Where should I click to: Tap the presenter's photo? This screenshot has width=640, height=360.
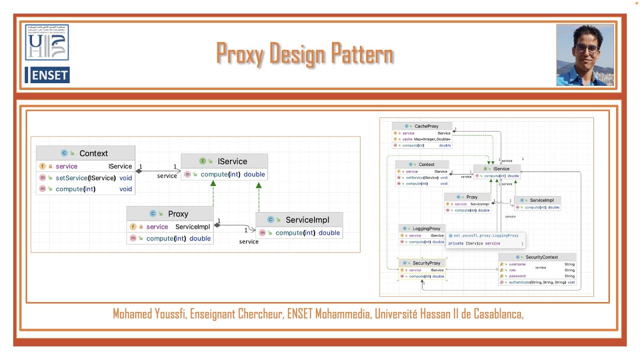(x=585, y=55)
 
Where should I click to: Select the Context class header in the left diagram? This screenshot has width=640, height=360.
(x=93, y=153)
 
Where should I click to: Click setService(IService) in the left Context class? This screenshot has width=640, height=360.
(x=85, y=177)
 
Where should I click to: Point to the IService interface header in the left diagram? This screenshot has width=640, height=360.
(x=232, y=161)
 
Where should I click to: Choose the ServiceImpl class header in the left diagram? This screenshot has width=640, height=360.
(x=307, y=219)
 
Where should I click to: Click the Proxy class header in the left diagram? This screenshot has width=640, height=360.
(x=177, y=214)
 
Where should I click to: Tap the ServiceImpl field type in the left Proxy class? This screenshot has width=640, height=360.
(x=192, y=226)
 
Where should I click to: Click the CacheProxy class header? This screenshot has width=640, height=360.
(x=426, y=126)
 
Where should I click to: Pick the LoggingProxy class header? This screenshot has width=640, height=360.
(x=426, y=229)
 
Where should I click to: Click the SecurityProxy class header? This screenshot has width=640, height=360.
(x=426, y=263)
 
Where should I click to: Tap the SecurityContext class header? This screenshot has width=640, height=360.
(x=541, y=257)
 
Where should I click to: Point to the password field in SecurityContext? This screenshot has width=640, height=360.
(x=517, y=276)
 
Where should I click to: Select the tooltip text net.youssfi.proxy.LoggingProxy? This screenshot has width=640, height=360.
(x=486, y=235)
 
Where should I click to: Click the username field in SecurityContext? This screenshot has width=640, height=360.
(x=517, y=264)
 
